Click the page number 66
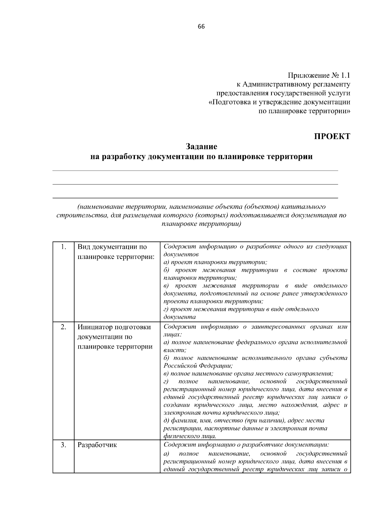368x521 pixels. (x=201, y=26)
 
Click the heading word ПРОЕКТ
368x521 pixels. (x=332, y=137)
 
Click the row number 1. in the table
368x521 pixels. (x=63, y=247)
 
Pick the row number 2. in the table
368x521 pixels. (x=63, y=327)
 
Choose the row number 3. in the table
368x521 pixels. (x=63, y=445)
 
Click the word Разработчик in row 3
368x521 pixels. (x=97, y=445)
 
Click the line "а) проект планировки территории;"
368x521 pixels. (x=215, y=262)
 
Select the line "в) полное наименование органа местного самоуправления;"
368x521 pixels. (x=248, y=374)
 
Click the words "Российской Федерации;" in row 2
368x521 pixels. (x=198, y=366)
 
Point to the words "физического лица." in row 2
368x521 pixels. (x=190, y=436)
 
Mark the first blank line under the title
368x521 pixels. (x=195, y=170)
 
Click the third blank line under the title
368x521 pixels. (x=195, y=198)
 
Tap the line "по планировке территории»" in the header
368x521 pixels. (x=304, y=111)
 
